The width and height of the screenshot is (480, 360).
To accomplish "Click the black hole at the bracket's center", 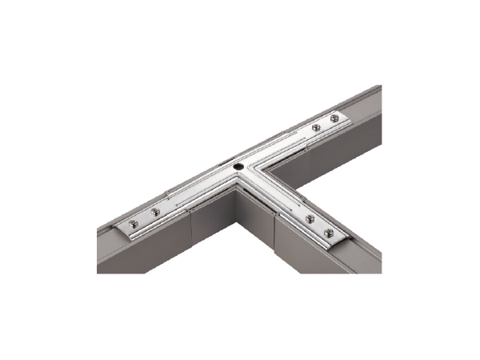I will [x=238, y=166].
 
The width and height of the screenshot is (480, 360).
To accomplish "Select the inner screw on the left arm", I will [x=155, y=212].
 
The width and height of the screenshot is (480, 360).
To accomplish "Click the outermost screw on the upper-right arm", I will [x=334, y=119].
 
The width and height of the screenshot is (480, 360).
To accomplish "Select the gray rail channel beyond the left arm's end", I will [x=108, y=240].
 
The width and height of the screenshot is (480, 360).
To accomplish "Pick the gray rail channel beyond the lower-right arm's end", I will [x=360, y=254].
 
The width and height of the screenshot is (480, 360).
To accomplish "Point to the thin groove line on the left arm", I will [x=192, y=192].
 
